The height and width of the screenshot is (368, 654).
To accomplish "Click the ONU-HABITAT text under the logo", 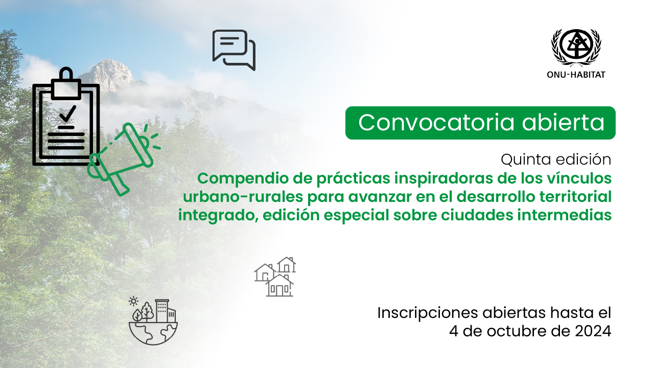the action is point(576,75).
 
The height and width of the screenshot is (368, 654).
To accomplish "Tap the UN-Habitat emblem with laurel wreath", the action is point(576,48).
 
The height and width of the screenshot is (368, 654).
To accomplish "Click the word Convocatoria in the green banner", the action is point(436,122).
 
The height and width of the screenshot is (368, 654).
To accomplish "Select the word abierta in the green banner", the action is point(563,122).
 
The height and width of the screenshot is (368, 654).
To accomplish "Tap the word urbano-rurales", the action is point(243,197).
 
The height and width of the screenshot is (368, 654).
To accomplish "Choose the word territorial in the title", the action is point(575,196).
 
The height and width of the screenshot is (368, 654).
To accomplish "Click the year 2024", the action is point(593,331).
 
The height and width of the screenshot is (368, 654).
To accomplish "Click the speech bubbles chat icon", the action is point(234,50).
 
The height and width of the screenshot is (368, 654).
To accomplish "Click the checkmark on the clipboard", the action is point(68,113).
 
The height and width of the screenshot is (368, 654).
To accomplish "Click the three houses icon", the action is point(275,277).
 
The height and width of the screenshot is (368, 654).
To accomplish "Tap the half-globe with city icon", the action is point(153,322).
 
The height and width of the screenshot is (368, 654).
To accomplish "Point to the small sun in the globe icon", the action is point(133,302).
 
